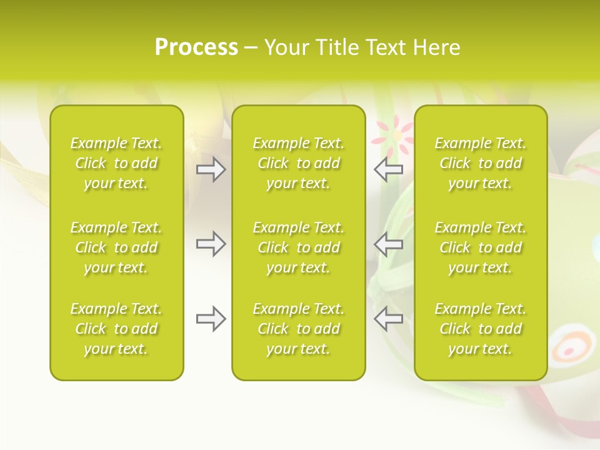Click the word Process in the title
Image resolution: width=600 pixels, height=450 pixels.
[196, 47]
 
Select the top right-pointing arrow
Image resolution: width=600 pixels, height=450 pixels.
[211, 169]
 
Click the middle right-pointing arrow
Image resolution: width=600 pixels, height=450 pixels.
[211, 244]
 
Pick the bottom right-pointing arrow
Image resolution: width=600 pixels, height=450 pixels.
[211, 319]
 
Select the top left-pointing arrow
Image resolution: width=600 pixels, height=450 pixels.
[388, 169]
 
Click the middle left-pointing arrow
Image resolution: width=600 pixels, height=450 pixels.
[388, 244]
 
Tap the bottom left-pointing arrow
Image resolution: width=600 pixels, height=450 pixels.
[388, 319]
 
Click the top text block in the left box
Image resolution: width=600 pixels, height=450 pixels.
[116, 163]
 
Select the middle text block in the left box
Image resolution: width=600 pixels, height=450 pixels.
[116, 247]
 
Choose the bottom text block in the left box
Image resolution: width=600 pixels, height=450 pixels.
[116, 329]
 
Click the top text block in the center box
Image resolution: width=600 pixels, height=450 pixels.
[298, 163]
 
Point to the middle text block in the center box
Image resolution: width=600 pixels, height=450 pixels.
[298, 247]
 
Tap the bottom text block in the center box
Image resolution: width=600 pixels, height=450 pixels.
[298, 329]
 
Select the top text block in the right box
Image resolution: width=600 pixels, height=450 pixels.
[480, 163]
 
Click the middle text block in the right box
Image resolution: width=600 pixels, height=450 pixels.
[480, 247]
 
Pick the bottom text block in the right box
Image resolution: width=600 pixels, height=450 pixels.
[480, 329]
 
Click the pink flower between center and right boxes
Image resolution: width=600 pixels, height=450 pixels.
[394, 136]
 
